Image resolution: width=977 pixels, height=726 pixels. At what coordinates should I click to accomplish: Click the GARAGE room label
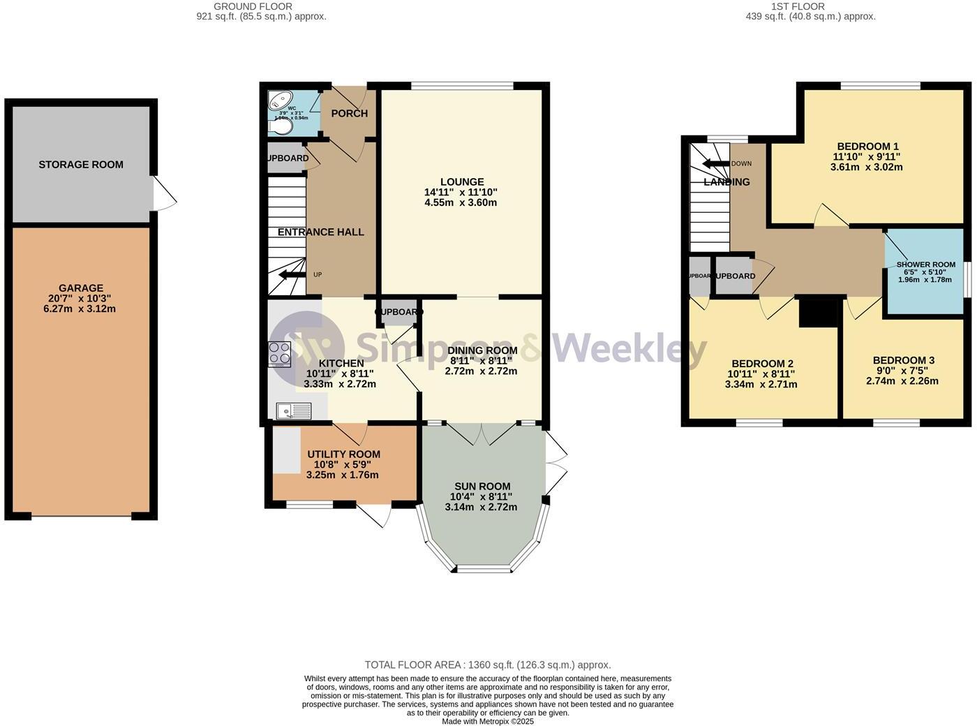[81, 288]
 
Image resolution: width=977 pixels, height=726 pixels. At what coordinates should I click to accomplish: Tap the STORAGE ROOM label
[81, 165]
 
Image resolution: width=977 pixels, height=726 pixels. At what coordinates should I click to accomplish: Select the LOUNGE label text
[461, 182]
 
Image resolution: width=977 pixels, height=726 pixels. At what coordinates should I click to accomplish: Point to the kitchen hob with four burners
[280, 354]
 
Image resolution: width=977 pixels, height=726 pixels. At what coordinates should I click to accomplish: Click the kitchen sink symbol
[293, 411]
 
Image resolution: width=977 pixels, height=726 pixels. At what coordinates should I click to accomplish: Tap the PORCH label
[349, 114]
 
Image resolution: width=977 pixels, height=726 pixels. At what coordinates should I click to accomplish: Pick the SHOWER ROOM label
[925, 265]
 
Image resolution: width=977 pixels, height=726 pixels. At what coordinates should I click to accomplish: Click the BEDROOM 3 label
[903, 360]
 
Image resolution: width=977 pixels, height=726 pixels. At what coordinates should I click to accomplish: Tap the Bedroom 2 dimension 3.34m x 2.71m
[761, 385]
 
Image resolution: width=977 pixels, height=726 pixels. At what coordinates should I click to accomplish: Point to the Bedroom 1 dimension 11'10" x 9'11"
[866, 157]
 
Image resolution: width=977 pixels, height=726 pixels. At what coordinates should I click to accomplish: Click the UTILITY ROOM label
[343, 454]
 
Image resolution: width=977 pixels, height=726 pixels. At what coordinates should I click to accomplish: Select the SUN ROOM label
[482, 487]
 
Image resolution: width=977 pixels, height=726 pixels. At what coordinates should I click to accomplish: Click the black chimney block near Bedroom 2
[818, 311]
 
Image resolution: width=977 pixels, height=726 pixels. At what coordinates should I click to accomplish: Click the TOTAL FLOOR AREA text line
[488, 665]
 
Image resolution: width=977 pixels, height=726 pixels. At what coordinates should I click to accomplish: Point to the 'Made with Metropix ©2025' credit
[488, 721]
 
